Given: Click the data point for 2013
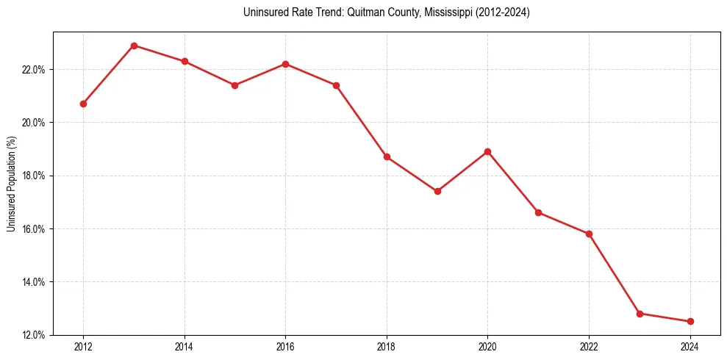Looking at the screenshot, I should coord(134,46).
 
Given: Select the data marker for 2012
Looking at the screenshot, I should coord(83,104).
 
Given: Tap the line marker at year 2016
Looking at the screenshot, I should coord(285,64).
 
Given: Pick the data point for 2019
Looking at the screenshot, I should coord(437,191).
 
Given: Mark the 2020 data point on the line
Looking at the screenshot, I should coord(487,151).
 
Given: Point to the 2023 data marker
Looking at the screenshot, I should coord(640,314).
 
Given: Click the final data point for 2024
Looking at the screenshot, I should coord(690,321).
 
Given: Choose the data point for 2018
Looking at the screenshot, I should coord(387,156).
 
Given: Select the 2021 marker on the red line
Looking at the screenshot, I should coord(538,212).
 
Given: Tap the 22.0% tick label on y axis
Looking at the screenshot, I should coord(34,70).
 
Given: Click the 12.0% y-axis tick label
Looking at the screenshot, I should coord(34,335).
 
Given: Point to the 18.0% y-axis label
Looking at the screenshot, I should coord(34,176).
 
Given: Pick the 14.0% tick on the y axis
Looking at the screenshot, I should coord(34,282).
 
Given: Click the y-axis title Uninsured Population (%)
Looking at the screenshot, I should coord(11,184).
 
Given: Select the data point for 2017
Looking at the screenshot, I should coord(336,85).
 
